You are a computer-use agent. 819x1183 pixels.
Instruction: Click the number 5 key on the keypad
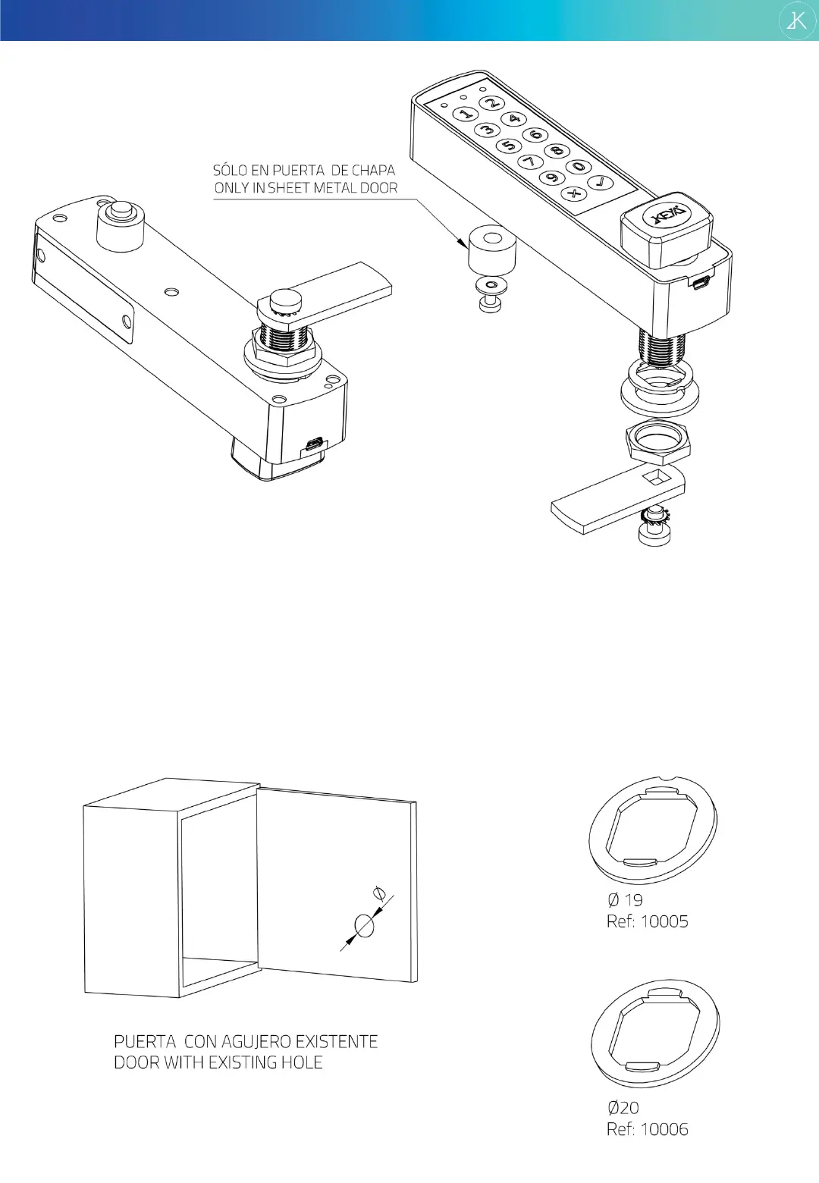click(509, 145)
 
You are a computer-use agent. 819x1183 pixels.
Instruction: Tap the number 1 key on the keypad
click(465, 114)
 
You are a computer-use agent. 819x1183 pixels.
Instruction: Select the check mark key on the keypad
click(601, 182)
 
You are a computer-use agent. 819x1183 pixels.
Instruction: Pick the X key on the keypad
click(575, 193)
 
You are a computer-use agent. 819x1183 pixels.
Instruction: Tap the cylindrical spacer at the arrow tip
click(492, 248)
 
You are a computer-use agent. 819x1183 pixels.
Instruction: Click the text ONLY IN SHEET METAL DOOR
click(306, 188)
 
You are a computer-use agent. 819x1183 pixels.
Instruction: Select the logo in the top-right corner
click(797, 20)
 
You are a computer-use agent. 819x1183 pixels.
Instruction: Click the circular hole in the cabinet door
click(365, 926)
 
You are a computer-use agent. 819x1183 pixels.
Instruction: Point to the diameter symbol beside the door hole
click(380, 893)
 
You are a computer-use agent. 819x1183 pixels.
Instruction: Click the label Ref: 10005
click(647, 921)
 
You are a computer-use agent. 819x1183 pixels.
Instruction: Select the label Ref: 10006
click(647, 1129)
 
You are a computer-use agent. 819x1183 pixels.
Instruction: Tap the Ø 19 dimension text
click(625, 900)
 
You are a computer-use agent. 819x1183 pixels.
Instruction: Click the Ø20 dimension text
click(623, 1107)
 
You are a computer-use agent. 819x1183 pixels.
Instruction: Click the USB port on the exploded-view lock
click(700, 283)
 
